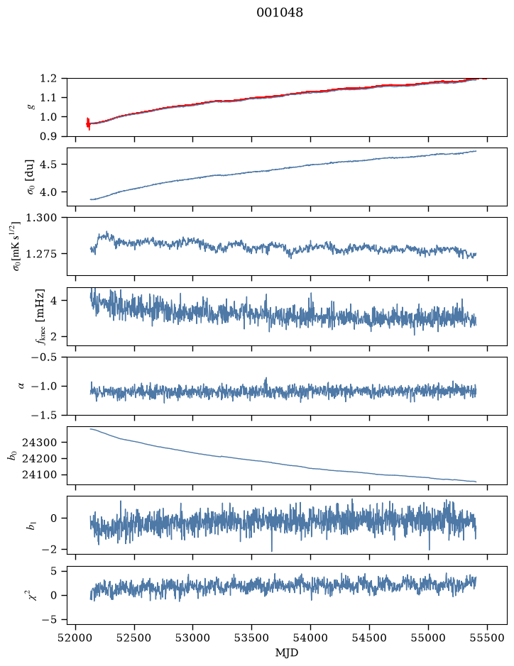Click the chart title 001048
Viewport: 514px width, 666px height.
(x=280, y=13)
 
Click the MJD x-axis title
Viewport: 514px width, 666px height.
(x=287, y=653)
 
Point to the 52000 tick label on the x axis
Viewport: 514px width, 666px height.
(x=76, y=638)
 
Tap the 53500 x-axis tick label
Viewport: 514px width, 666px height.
(x=252, y=638)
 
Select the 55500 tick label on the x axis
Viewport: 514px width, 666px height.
(x=487, y=638)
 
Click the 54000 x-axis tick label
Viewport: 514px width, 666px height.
(x=310, y=638)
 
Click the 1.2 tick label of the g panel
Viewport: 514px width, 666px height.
(x=48, y=79)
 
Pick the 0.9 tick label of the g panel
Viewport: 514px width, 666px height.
(x=48, y=136)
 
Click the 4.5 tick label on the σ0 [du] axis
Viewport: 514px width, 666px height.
(x=48, y=165)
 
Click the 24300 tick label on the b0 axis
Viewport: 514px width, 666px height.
(x=39, y=443)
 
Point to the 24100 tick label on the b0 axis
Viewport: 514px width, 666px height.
(x=39, y=475)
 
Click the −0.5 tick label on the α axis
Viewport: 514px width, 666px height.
(x=44, y=357)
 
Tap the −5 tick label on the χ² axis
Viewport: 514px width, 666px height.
(x=49, y=620)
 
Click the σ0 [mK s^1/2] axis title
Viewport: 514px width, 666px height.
(x=16, y=246)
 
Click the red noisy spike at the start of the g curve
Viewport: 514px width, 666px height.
(x=88, y=123)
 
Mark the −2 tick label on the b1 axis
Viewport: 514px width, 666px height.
(x=49, y=550)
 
